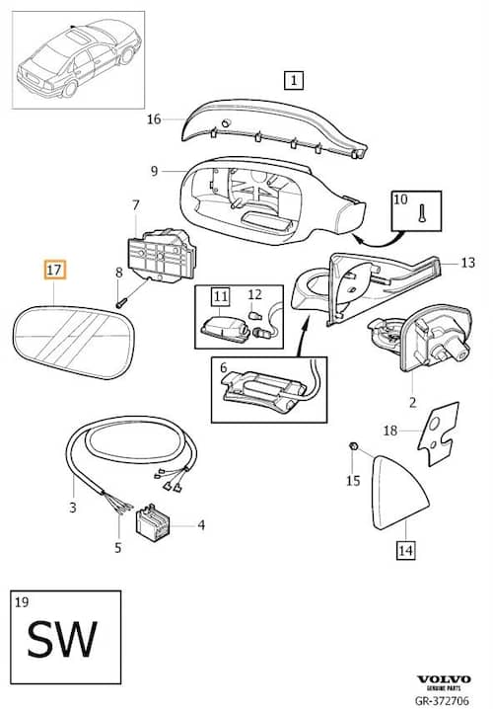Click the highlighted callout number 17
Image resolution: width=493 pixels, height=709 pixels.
pyautogui.click(x=54, y=270)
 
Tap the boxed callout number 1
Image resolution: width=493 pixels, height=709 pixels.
pyautogui.click(x=294, y=81)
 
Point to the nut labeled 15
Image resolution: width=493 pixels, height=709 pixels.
pyautogui.click(x=354, y=446)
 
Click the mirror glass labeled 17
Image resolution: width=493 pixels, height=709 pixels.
pyautogui.click(x=74, y=342)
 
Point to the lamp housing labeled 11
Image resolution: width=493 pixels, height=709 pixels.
pyautogui.click(x=225, y=326)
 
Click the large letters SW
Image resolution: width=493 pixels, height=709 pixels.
pyautogui.click(x=62, y=638)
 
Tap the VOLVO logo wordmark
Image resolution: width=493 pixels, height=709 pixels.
pyautogui.click(x=444, y=679)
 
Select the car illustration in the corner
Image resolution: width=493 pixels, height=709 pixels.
pyautogui.click(x=79, y=60)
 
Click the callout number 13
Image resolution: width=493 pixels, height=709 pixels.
pyautogui.click(x=467, y=263)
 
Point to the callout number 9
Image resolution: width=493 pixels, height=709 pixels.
pyautogui.click(x=155, y=171)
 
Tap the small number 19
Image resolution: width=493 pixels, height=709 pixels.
pyautogui.click(x=22, y=601)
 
